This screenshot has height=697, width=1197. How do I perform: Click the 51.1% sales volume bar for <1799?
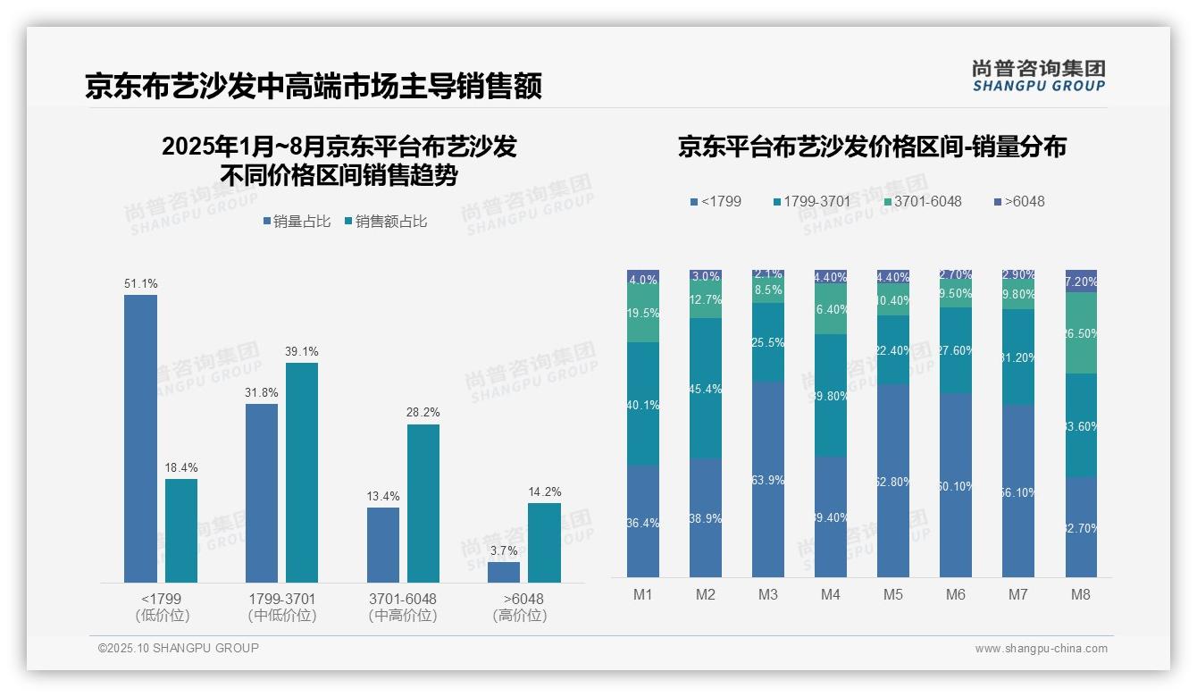point(140,438)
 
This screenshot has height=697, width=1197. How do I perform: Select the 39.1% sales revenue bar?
point(302,472)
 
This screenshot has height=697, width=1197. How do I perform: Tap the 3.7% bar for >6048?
point(504,572)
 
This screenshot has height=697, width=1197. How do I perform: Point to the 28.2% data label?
point(423,412)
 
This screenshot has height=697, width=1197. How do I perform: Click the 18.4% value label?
point(181,467)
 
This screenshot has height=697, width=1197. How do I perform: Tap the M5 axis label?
point(893,595)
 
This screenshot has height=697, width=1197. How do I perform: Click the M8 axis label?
point(1081,595)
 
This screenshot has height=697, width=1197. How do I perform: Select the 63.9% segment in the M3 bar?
point(768,480)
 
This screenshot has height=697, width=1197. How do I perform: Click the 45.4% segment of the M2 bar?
point(706,389)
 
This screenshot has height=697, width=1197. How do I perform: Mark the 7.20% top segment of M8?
point(1081,281)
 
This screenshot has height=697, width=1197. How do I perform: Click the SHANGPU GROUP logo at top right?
point(1038,76)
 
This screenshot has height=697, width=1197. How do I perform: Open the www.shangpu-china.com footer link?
point(1041,649)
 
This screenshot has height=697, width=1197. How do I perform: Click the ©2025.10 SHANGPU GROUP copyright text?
point(179,648)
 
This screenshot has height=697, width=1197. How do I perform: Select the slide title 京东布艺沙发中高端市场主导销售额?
point(314,87)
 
